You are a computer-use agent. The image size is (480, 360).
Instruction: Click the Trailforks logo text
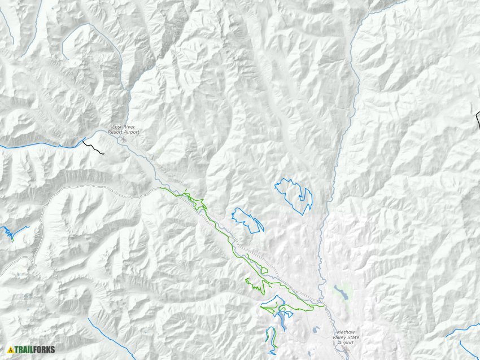[x=35, y=350]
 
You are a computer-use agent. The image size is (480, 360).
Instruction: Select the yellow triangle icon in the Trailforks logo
[x=10, y=350]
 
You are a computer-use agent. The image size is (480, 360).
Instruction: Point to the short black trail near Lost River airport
[x=93, y=148]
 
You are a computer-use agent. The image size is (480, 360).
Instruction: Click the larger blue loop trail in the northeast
[x=294, y=195]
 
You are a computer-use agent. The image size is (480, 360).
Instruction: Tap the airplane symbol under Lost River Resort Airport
[x=119, y=137]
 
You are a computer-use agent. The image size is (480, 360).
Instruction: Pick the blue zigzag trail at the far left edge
[x=8, y=231]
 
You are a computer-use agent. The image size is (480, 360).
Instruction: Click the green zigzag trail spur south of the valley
[x=255, y=286]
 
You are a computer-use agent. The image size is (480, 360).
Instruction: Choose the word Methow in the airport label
[x=346, y=332]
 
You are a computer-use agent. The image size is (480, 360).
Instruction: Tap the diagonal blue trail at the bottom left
[x=110, y=339]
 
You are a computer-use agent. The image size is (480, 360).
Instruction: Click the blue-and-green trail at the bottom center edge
[x=271, y=339]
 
